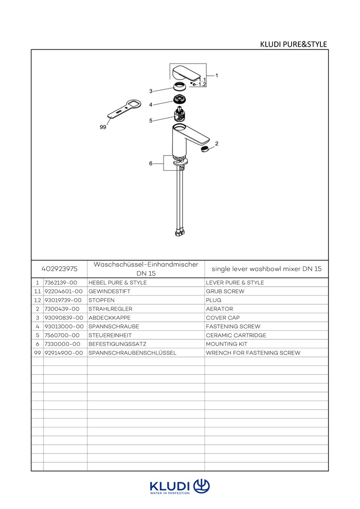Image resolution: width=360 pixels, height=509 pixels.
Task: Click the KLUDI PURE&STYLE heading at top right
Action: (x=294, y=44)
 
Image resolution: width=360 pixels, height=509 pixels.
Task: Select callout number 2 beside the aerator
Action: (x=217, y=143)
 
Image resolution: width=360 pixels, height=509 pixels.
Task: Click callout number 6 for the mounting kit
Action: (x=151, y=163)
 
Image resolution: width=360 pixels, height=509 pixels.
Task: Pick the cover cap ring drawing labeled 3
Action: (x=180, y=87)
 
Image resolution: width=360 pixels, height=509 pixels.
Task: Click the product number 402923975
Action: (x=59, y=269)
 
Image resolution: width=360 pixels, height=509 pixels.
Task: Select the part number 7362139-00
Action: (x=61, y=282)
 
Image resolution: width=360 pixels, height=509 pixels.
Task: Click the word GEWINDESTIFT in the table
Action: (x=109, y=291)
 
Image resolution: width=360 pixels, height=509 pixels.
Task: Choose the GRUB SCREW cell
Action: (x=225, y=291)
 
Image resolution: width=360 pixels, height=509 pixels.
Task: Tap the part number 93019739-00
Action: (x=63, y=300)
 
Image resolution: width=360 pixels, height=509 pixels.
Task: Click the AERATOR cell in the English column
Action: (x=220, y=309)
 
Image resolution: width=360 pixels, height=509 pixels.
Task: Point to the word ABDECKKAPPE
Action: (x=109, y=318)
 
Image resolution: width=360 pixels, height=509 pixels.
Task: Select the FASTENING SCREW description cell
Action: (x=233, y=326)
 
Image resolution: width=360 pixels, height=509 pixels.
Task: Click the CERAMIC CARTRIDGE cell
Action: (x=236, y=335)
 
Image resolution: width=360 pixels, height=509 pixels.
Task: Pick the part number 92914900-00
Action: (x=64, y=353)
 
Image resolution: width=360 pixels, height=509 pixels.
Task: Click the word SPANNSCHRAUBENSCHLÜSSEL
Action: (x=132, y=353)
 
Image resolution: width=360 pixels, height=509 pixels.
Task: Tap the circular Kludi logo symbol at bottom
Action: (x=202, y=486)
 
